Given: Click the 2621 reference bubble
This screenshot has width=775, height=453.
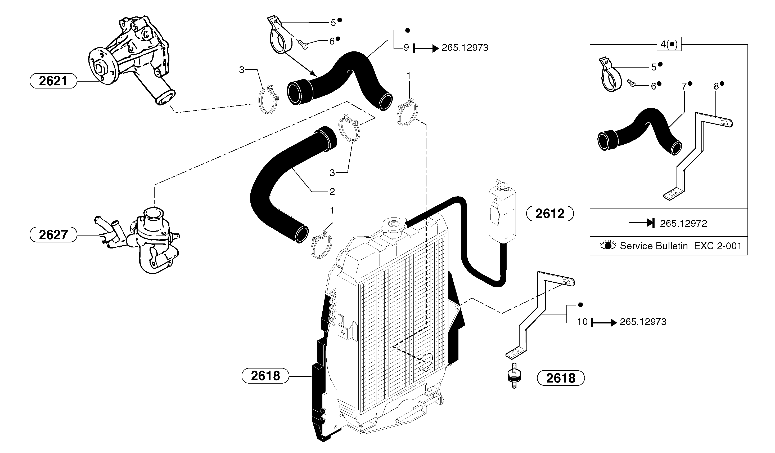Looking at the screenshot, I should [x=53, y=81].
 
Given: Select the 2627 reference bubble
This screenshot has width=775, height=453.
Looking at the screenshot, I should [x=53, y=235].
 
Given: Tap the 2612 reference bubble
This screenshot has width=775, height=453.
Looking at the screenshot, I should [x=550, y=214].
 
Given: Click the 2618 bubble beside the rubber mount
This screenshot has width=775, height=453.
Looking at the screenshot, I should [x=561, y=378].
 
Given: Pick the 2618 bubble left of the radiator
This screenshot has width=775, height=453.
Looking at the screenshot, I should [x=265, y=376].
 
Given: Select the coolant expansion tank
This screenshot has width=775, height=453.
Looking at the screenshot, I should [x=502, y=215].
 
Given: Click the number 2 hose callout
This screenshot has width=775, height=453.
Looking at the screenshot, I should [x=332, y=192].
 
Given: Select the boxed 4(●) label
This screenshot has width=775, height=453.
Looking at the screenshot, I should [x=669, y=44].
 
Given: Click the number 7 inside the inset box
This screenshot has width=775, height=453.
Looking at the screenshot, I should [x=684, y=86].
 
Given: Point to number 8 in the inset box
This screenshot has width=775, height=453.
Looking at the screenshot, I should [x=716, y=86].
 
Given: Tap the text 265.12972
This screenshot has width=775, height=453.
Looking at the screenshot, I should [x=683, y=223].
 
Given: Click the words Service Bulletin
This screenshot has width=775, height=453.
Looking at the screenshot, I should [x=654, y=246].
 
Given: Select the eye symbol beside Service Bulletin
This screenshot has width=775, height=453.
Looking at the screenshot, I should [x=608, y=245].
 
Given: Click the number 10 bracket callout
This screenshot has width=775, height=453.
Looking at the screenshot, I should [x=582, y=322].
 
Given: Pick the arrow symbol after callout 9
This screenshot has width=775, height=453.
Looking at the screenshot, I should [x=426, y=48].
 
